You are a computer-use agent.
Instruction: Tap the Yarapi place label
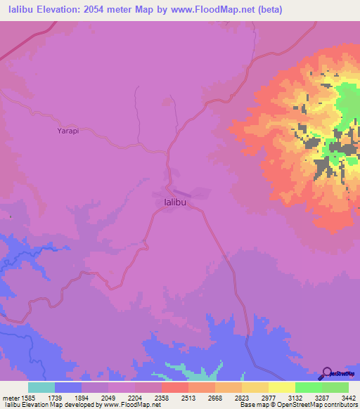click(x=67, y=131)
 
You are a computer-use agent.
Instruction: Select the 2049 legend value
click(x=94, y=397)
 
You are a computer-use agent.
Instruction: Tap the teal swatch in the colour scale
click(x=41, y=387)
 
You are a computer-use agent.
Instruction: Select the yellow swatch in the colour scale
click(x=282, y=387)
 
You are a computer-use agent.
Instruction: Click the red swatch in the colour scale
click(x=175, y=387)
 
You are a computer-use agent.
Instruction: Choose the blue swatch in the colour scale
click(x=68, y=387)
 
